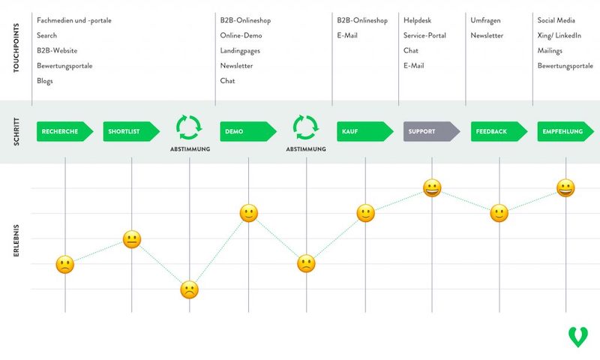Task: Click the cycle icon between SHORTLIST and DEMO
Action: point(189,127)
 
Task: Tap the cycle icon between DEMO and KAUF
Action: point(306,127)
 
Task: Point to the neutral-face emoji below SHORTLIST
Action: point(132,240)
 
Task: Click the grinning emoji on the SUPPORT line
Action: point(432,188)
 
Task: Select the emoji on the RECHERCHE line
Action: point(65,264)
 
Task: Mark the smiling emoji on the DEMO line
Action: point(249,214)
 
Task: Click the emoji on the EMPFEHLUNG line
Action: point(565,188)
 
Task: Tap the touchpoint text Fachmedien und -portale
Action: point(74,20)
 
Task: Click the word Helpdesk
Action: point(417,20)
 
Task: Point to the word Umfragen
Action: point(485,20)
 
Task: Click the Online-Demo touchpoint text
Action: point(241,35)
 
